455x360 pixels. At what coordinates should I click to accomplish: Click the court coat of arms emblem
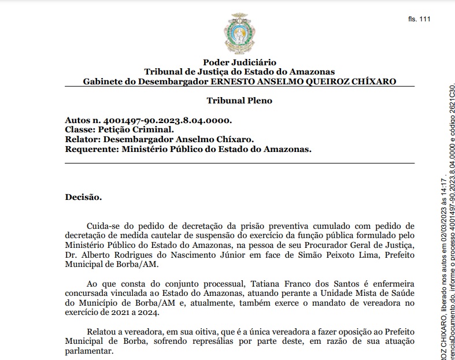click(239, 35)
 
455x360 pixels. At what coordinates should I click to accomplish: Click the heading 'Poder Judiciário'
click(239, 62)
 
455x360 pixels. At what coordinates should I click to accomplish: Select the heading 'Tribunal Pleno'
click(239, 101)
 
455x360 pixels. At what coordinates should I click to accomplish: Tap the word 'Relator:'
click(82, 139)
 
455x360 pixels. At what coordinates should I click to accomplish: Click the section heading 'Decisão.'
click(83, 197)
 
